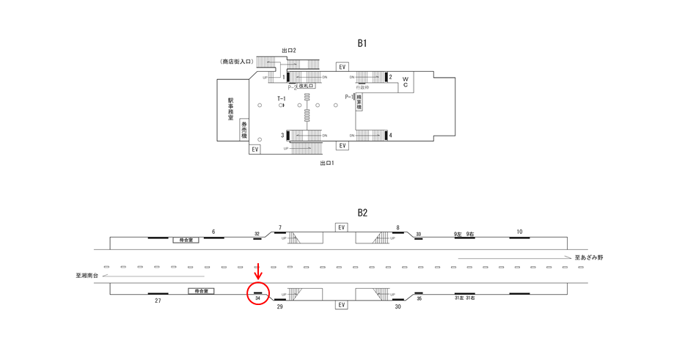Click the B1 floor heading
click(x=362, y=43)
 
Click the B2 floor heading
click(x=362, y=213)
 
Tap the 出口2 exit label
click(x=288, y=51)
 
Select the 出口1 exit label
click(x=326, y=163)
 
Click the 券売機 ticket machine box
click(x=244, y=129)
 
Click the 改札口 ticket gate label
click(x=306, y=87)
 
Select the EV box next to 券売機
click(x=254, y=149)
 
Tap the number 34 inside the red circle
click(x=258, y=298)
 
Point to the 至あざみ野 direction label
click(x=588, y=257)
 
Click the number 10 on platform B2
click(x=519, y=232)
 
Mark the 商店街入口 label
click(x=236, y=62)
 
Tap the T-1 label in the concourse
click(x=281, y=98)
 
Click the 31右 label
click(x=471, y=298)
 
